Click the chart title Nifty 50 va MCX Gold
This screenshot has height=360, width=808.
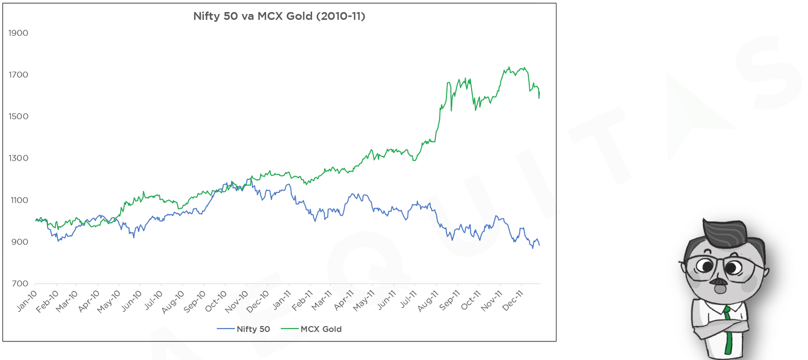(x=279, y=16)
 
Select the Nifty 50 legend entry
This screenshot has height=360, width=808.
(x=243, y=329)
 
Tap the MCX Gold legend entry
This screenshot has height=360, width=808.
(x=311, y=329)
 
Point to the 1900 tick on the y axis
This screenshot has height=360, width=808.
(x=18, y=33)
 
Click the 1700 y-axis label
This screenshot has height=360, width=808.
(x=18, y=75)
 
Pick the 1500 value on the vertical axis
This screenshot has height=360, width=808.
(x=18, y=117)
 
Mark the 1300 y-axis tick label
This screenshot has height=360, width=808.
(x=18, y=158)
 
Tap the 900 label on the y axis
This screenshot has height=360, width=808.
(x=20, y=242)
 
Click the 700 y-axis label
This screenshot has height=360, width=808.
(x=20, y=284)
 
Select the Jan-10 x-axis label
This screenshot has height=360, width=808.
(x=27, y=300)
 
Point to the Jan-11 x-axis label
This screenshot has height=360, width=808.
(x=282, y=300)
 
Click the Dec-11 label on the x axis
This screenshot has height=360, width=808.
(x=513, y=300)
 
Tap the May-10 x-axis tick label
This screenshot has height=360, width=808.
(x=109, y=301)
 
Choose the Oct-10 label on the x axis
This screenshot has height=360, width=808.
(x=216, y=301)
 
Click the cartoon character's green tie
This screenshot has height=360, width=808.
(x=728, y=330)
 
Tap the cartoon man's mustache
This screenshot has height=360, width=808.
(x=720, y=282)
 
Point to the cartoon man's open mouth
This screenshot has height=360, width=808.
(x=721, y=289)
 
